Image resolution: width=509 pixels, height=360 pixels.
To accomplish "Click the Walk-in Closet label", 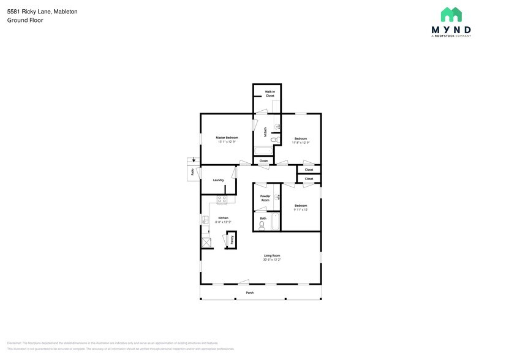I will coord(270,94).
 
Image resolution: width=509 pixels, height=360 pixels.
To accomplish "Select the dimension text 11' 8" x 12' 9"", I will coord(300,142).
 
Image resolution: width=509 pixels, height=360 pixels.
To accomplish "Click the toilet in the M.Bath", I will coord(274,140).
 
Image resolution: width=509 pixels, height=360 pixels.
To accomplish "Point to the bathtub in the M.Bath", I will coord(264,151).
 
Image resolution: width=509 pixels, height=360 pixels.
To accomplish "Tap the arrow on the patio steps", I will coord(194,160).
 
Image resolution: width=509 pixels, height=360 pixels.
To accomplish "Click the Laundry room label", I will coord(218,180).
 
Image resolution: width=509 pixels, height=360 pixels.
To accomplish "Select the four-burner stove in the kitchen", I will coord(222,199).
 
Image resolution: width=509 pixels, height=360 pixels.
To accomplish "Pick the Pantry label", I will coord(232,239).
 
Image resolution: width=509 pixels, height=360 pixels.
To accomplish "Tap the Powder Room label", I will coord(265,198).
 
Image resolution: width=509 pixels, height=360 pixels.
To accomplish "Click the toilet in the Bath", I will coord(262,225).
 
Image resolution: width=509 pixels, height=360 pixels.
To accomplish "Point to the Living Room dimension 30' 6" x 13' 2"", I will coord(272,260).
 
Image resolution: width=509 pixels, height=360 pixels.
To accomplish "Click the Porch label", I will coord(249,293).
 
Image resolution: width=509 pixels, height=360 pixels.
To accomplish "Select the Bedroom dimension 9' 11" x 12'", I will coord(300,209).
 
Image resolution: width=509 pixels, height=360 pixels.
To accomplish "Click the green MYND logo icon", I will coord(451,15).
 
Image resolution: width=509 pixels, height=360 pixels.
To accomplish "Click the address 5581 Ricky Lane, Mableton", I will coord(42,12).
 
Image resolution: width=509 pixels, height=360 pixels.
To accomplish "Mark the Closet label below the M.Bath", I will coord(263,161).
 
